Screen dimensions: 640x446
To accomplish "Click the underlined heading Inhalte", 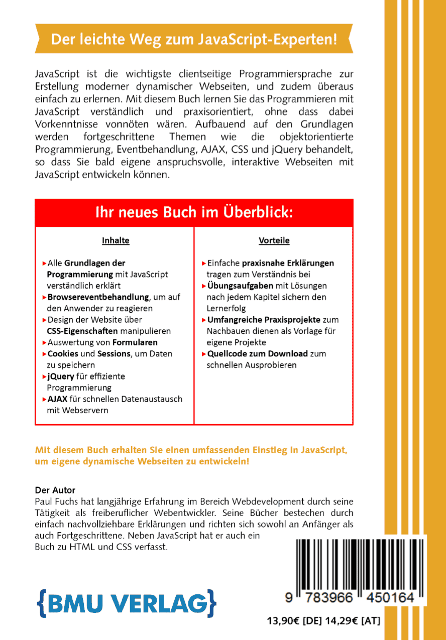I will click(116, 240).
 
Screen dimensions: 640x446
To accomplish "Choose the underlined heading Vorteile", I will click(274, 240).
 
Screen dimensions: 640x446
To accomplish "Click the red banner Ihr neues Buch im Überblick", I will click(194, 213).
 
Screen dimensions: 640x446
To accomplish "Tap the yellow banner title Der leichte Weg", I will click(194, 39).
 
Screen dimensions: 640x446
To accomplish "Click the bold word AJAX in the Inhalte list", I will click(57, 399).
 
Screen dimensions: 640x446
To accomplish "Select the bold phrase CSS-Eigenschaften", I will click(79, 331).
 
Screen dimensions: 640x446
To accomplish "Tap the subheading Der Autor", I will click(55, 490).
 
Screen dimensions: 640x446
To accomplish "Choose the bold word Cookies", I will click(63, 353).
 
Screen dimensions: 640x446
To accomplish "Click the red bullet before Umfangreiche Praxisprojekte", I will click(203, 320).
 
